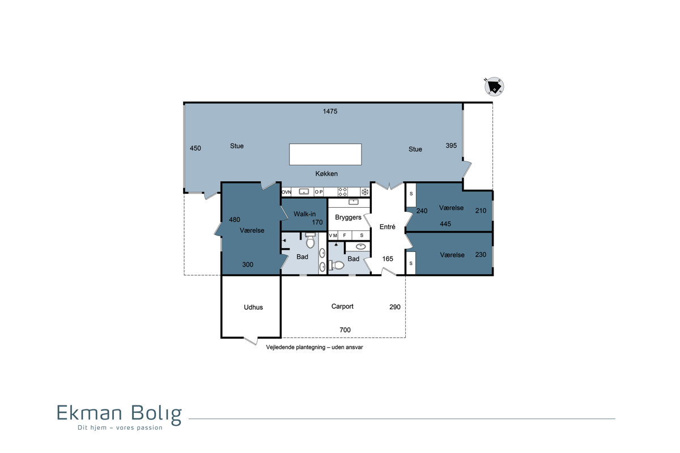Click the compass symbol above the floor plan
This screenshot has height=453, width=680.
pos(494,86)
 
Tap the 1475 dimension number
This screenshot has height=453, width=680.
pos(330,112)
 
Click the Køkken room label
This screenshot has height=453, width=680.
pos(326,173)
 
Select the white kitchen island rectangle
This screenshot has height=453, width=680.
pos(325,154)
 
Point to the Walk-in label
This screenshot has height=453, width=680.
pos(304,214)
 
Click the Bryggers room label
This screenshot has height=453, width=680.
pos(348,217)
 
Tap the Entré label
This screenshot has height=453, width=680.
pos(388,226)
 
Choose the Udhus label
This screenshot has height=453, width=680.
pos(253,307)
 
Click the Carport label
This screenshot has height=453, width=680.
pos(342,306)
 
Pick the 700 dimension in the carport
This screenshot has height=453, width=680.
pos(345,330)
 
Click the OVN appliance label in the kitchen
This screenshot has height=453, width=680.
pos(286,192)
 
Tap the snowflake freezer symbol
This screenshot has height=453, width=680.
pos(365,192)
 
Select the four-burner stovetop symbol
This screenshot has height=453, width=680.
pos(343,192)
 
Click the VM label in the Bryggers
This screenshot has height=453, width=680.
pos(333,236)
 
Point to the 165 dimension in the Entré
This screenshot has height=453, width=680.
pos(388,259)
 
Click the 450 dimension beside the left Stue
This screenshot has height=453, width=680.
pos(195,148)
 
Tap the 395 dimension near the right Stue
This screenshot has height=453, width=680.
pos(451,146)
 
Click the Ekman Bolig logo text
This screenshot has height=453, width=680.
pos(120,413)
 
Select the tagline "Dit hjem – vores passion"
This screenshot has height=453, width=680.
pos(120,428)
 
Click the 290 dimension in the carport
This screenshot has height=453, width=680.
pos(395,307)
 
